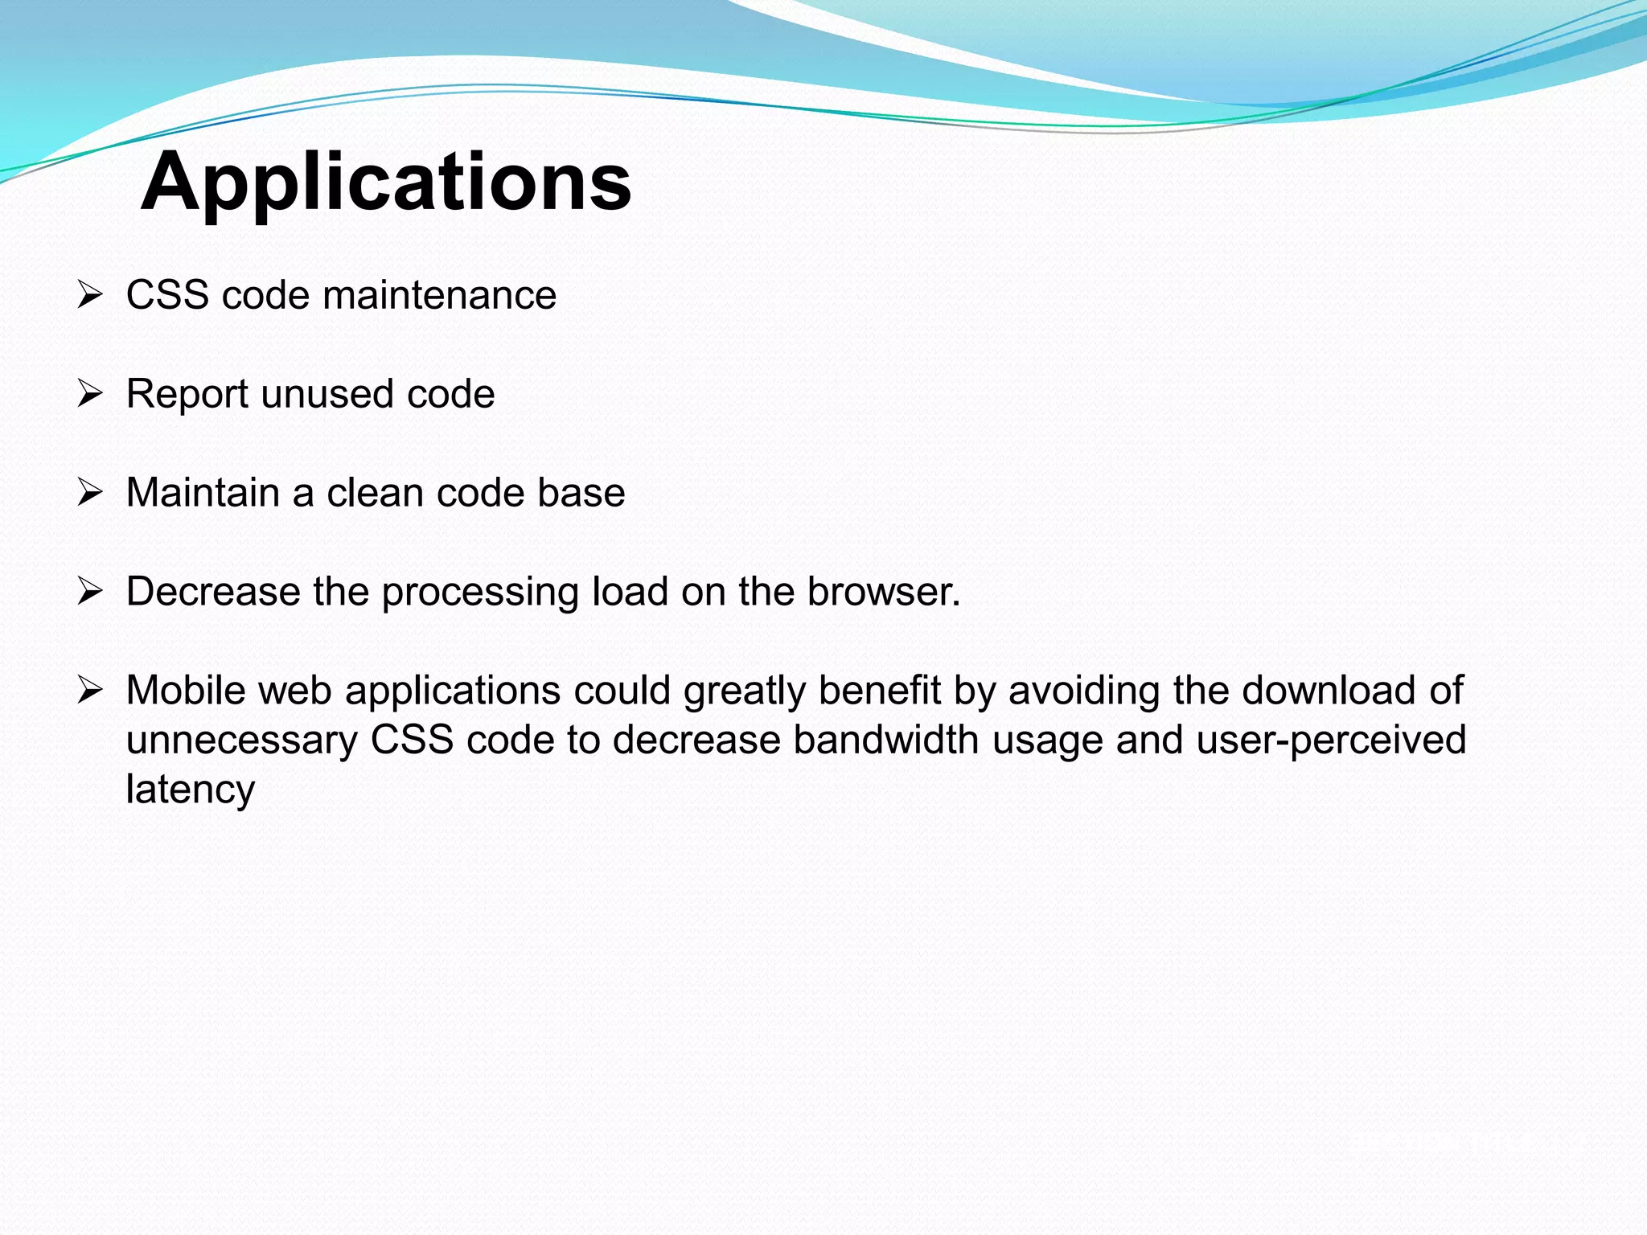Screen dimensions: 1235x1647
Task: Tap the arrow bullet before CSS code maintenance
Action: point(90,295)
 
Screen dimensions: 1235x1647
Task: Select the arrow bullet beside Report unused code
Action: point(90,394)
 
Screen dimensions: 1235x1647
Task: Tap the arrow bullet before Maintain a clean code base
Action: point(90,492)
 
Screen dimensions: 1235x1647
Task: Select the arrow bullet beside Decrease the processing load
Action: point(90,592)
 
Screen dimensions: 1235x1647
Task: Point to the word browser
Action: point(881,592)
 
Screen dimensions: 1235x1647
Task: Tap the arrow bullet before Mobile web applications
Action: point(90,690)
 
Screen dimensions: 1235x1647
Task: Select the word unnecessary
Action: point(241,741)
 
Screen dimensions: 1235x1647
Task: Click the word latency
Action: point(191,790)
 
